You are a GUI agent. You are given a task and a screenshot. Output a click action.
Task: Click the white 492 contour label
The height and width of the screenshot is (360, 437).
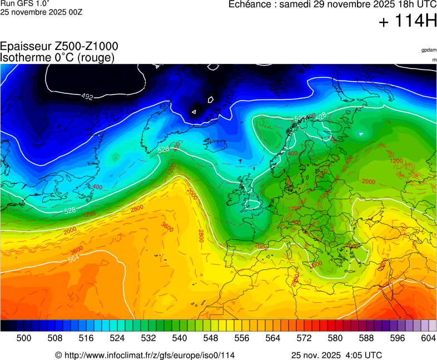pos(87,97)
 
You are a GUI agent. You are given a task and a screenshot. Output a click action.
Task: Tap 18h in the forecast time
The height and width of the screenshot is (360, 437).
pos(391,4)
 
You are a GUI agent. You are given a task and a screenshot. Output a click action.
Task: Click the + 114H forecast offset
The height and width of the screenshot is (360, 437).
pos(408,22)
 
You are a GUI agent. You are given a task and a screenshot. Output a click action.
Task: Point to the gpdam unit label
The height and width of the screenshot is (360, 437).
pos(429,50)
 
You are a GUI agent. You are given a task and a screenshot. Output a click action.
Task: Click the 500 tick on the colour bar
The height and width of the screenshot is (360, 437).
pos(24,338)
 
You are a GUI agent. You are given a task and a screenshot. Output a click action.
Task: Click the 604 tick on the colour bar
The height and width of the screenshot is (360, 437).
pos(429,338)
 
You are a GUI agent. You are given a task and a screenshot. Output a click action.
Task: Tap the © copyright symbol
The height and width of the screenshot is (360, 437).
pos(58,355)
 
